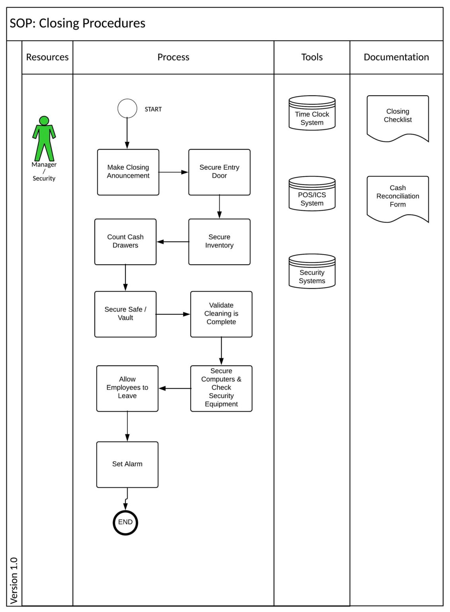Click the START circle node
point(127,108)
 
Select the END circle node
point(125,522)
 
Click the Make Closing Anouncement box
point(128,172)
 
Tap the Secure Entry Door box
point(219,172)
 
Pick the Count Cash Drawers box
point(125,241)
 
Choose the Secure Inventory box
point(219,241)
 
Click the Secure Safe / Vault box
point(125,314)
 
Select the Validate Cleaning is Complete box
point(221,314)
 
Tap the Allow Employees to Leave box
point(127,388)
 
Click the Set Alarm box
point(127,464)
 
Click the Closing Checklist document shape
point(397,116)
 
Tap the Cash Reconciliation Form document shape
point(397,197)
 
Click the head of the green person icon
point(44,120)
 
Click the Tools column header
point(312,57)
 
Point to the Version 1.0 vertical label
point(14,580)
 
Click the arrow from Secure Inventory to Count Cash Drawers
point(173,242)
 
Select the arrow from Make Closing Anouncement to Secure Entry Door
point(173,172)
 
